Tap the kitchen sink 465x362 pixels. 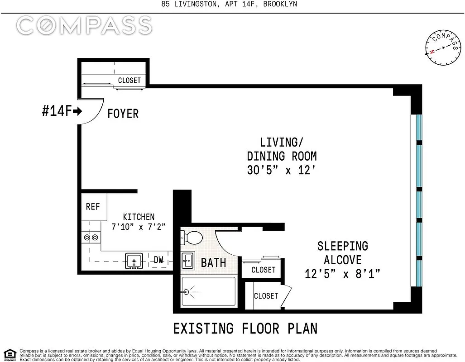pyautogui.click(x=134, y=261)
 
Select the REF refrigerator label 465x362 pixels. pyautogui.click(x=93, y=206)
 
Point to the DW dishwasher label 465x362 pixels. pyautogui.click(x=158, y=260)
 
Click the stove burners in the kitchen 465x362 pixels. pyautogui.click(x=91, y=237)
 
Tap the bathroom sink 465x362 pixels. pyautogui.click(x=188, y=260)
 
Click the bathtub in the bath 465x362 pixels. pyautogui.click(x=208, y=292)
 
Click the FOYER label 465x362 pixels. pyautogui.click(x=123, y=114)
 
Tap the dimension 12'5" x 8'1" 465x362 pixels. pyautogui.click(x=342, y=274)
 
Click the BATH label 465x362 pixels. pyautogui.click(x=213, y=262)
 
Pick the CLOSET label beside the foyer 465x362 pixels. pyautogui.click(x=129, y=80)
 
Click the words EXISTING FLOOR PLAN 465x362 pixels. pyautogui.click(x=245, y=329)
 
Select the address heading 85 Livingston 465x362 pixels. pyautogui.click(x=230, y=5)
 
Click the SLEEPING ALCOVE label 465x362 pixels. pyautogui.click(x=342, y=253)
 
